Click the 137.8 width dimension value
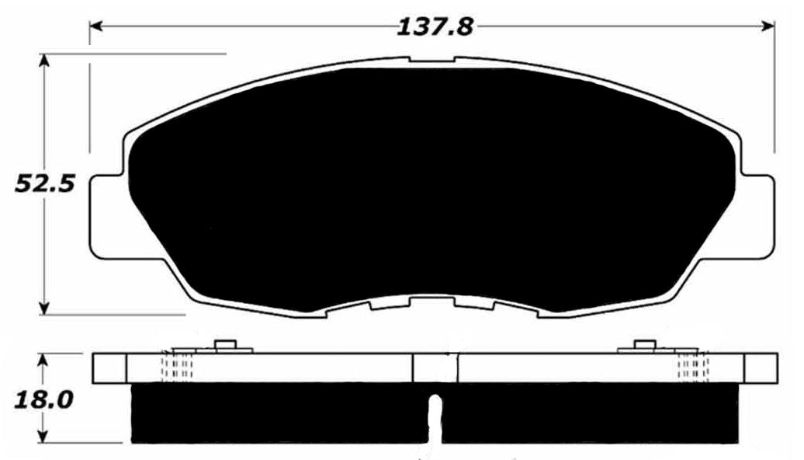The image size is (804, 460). click(435, 27)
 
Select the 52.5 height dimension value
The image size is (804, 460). click(45, 184)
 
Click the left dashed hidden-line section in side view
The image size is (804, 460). click(177, 367)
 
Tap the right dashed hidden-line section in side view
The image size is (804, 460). click(692, 367)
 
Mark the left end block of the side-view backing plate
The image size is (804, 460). click(109, 368)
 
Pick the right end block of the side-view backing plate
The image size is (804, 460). click(760, 368)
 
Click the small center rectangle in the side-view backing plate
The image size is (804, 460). click(425, 368)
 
